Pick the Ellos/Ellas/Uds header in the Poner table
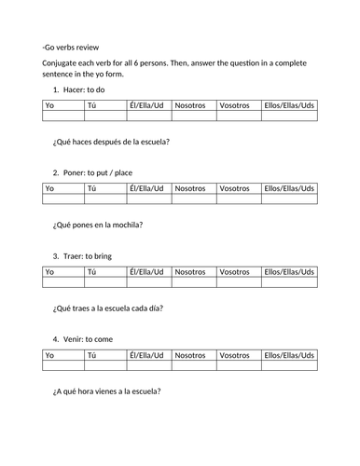[x=289, y=189]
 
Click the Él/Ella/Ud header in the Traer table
[x=146, y=272]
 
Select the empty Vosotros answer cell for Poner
[x=238, y=199]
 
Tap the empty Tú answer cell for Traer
[x=104, y=282]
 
